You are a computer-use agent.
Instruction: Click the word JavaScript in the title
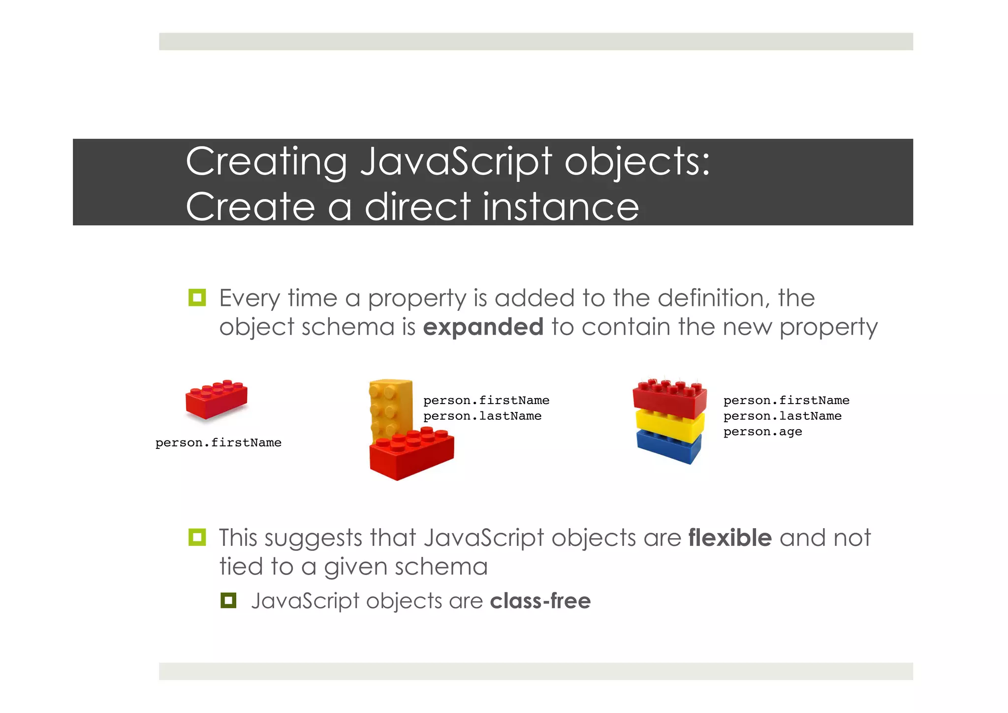[x=455, y=163]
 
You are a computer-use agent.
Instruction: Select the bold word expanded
[x=483, y=327]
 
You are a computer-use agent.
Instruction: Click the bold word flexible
[x=730, y=538]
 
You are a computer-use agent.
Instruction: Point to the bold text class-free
[x=540, y=601]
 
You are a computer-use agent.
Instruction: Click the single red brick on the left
[x=216, y=400]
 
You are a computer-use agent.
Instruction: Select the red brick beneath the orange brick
[x=411, y=454]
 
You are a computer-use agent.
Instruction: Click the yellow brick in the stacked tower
[x=669, y=425]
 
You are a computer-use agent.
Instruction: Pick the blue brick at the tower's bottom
[x=668, y=446]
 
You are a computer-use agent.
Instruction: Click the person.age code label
[x=762, y=432]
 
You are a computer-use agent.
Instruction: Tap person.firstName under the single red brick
[x=218, y=443]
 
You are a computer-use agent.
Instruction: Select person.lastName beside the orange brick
[x=482, y=416]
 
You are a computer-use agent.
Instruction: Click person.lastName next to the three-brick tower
[x=782, y=416]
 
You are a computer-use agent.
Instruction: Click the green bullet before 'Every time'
[x=197, y=298]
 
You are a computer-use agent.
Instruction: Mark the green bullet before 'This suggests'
[x=197, y=537]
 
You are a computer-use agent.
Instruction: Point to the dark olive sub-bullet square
[x=228, y=601]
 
